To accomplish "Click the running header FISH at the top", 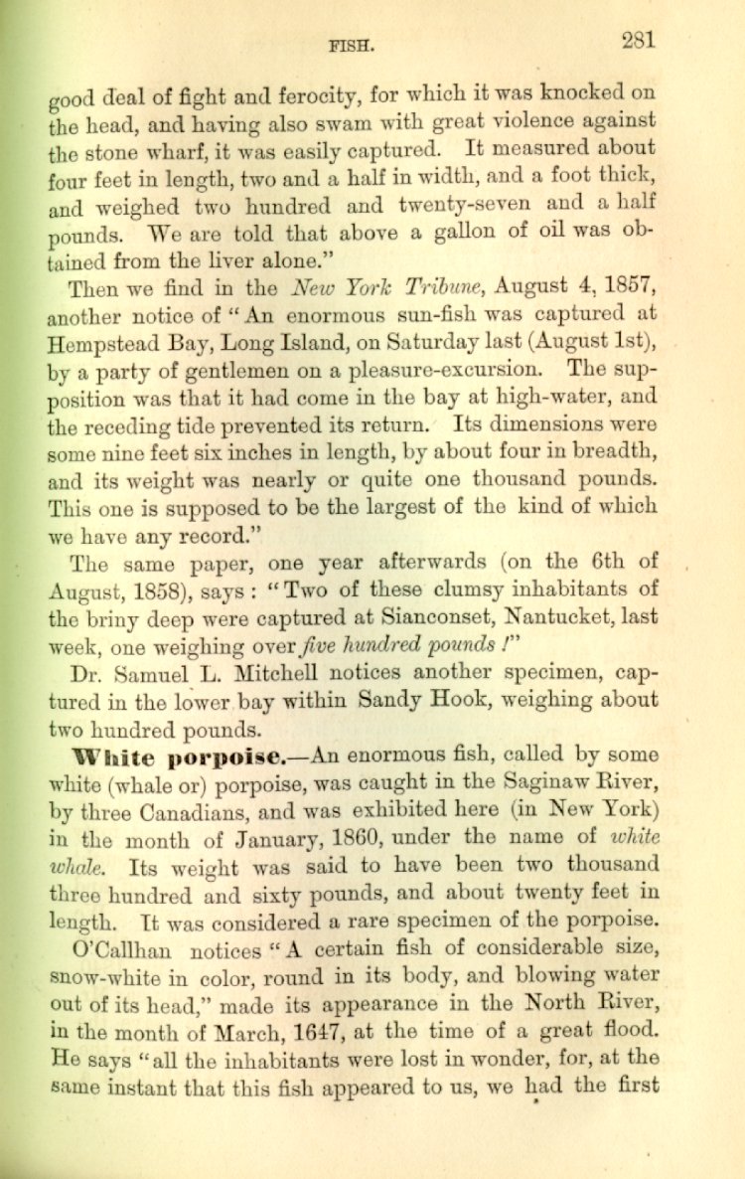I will point(352,45).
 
